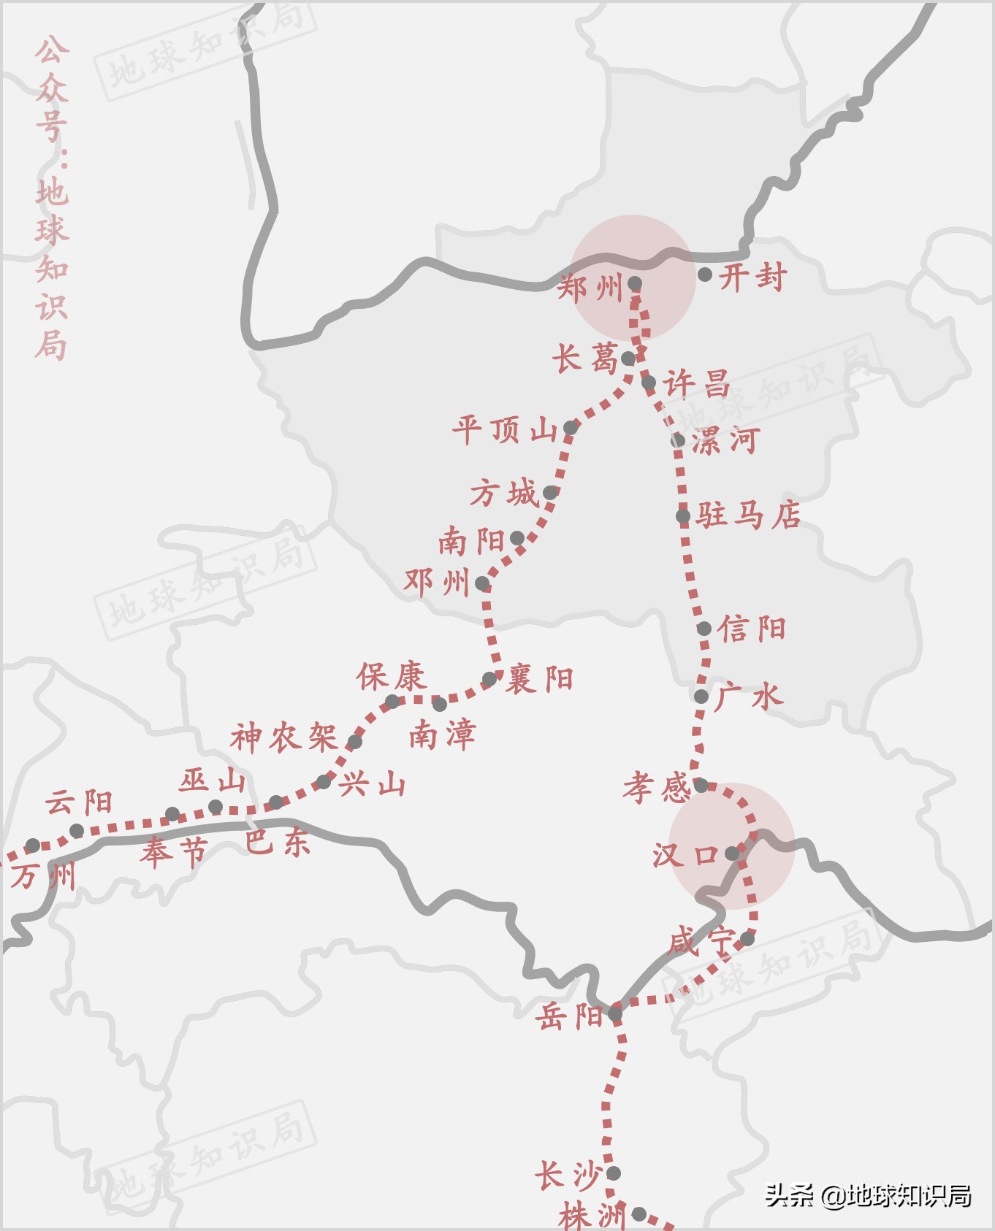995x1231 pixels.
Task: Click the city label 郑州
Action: pyautogui.click(x=590, y=288)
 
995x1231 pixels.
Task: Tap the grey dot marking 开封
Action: pyautogui.click(x=705, y=275)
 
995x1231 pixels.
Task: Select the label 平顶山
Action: pyautogui.click(x=505, y=430)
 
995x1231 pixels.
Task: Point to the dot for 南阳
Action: pyautogui.click(x=517, y=539)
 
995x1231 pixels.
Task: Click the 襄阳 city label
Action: pyautogui.click(x=540, y=680)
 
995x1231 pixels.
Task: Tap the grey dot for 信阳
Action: pyautogui.click(x=704, y=629)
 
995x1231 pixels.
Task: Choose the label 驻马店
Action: pyautogui.click(x=748, y=515)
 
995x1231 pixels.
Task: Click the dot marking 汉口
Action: pyautogui.click(x=732, y=853)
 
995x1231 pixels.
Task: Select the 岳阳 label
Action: pyautogui.click(x=569, y=1016)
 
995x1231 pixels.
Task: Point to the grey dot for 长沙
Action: pyautogui.click(x=614, y=1173)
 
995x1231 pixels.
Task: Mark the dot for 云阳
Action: pyautogui.click(x=77, y=831)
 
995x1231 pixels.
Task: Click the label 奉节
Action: pyautogui.click(x=175, y=852)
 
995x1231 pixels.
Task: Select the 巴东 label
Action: pyautogui.click(x=278, y=843)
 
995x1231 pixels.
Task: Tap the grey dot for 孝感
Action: pyautogui.click(x=701, y=786)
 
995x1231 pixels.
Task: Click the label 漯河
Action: pyautogui.click(x=725, y=441)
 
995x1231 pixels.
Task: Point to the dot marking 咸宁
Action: pyautogui.click(x=747, y=939)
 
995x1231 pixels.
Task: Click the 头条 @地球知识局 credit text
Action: pyautogui.click(x=868, y=1196)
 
